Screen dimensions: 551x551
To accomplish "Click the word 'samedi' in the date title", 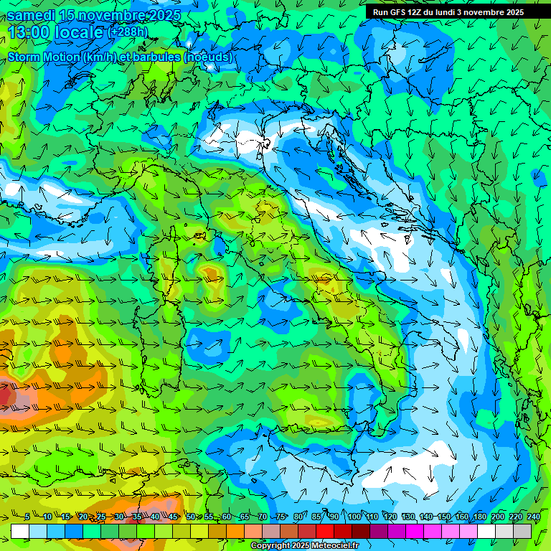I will coord(32,15).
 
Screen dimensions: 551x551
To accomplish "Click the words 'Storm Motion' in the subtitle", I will coord(43,57).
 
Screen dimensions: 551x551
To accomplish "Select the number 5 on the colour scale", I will coord(27,517).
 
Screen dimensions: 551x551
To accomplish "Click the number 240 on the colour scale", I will coord(534,517).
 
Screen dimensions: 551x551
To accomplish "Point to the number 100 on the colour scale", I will coord(354,517).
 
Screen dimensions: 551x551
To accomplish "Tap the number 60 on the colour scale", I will coord(227,517).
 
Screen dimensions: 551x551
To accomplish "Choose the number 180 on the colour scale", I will coord(479,517).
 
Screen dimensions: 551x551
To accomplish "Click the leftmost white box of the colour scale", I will coord(20,531).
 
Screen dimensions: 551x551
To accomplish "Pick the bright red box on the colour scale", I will coord(325,531).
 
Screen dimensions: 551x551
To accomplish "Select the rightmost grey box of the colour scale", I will coord(522,531).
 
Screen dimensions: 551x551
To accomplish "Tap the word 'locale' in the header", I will coord(80,32).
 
